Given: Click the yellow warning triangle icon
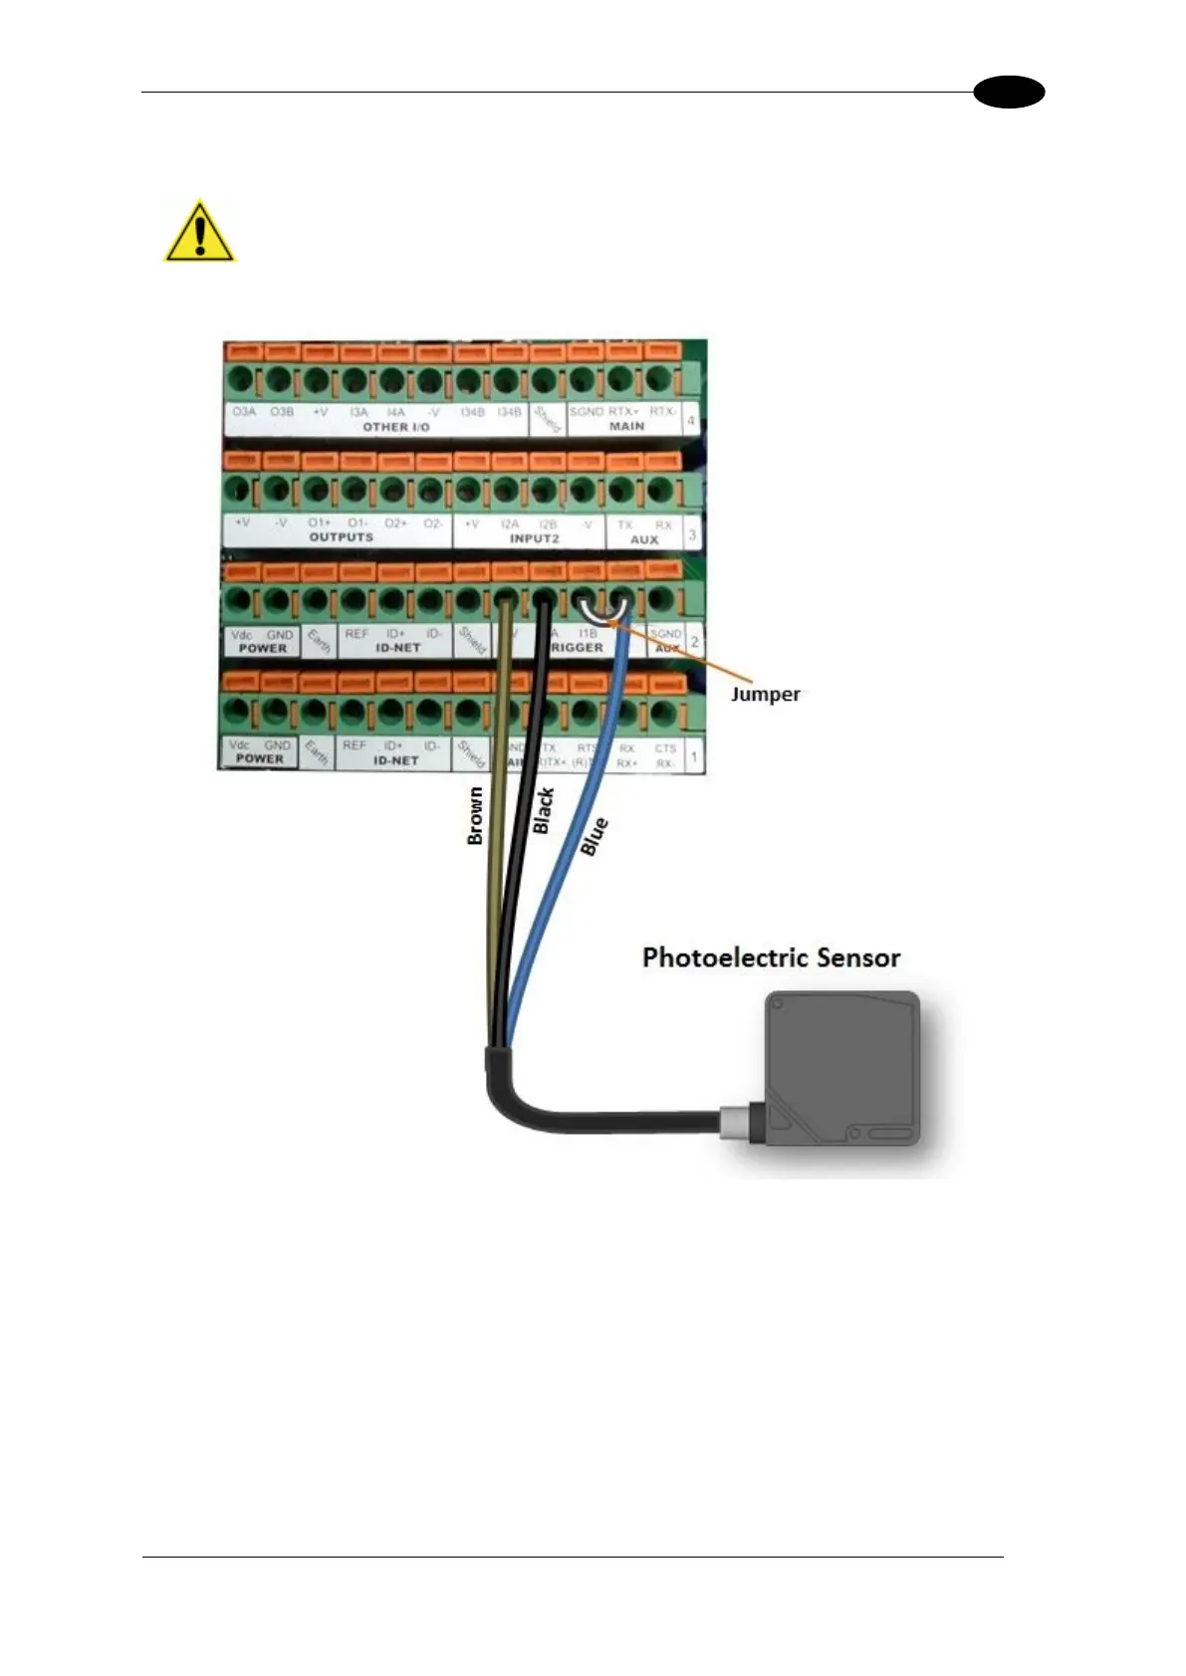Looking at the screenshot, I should point(199,232).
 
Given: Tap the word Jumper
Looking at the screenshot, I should point(765,694).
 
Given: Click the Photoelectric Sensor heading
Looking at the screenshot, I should point(771,957).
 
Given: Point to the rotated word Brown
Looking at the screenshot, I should point(476,816).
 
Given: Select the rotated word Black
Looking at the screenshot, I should point(543,810).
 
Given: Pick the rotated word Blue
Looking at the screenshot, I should point(593,837).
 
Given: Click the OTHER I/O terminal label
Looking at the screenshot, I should point(395,427).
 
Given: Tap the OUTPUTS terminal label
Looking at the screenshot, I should point(341,537).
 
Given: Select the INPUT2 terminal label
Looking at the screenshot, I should point(534,538).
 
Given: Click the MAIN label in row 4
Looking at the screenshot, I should point(626,426).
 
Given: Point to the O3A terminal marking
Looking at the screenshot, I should point(244,411).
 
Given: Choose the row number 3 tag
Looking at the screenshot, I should point(692,534).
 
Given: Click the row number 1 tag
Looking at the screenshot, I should point(693,756).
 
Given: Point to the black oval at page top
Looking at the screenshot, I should point(1009,93).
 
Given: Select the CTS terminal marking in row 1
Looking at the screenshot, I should point(665,748).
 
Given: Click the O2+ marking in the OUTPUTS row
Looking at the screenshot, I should point(395,523).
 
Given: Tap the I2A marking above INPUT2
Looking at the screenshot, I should point(510,524).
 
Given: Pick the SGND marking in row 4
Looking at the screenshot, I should point(586,411).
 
